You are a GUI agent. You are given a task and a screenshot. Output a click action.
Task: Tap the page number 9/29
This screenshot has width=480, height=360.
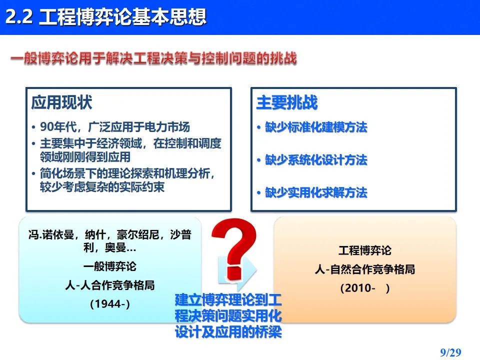[x=450, y=352]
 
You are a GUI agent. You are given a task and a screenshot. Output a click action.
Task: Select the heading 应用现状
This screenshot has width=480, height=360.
[x=61, y=102]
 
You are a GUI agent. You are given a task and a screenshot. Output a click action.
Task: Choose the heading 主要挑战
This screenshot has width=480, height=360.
[x=287, y=102]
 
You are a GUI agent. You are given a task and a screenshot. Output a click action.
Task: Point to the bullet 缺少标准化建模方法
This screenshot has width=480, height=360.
[x=316, y=127]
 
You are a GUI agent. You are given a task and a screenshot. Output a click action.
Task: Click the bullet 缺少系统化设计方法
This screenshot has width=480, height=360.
[x=316, y=160]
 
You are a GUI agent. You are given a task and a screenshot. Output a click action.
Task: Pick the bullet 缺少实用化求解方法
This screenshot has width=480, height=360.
[x=316, y=192]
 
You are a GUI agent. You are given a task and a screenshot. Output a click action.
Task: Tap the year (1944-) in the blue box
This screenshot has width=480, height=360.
[x=110, y=303]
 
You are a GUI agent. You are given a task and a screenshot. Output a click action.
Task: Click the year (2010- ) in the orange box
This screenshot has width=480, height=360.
[x=365, y=288]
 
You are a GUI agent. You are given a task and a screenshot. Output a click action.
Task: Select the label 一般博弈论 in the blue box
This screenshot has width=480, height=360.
[x=110, y=266]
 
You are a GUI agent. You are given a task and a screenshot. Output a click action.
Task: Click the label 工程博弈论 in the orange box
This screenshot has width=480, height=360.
[x=365, y=250]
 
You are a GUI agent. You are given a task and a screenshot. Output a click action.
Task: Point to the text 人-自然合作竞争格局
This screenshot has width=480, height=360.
[x=365, y=269]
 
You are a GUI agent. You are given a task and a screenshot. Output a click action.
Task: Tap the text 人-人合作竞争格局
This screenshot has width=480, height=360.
[x=110, y=285]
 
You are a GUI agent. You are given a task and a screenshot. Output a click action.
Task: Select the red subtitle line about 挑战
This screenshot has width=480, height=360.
[x=153, y=58]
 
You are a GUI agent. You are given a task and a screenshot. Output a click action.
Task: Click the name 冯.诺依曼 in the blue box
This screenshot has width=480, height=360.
[x=51, y=235]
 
